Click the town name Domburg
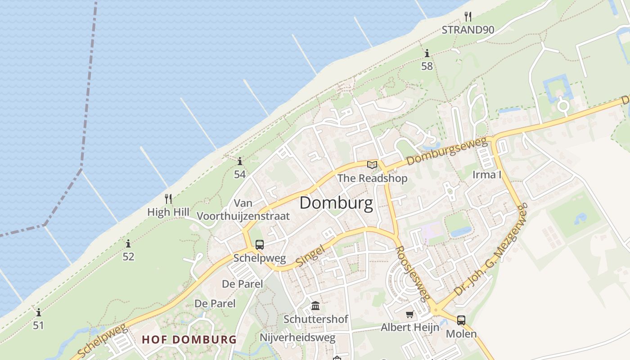[x=336, y=203]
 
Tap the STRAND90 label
[x=468, y=30]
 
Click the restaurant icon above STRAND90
[x=468, y=17]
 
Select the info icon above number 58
[x=427, y=54]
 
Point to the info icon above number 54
[x=240, y=161]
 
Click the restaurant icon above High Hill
[x=168, y=198]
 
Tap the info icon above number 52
[x=128, y=244]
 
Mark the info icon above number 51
[x=38, y=312]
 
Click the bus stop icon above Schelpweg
[x=260, y=245]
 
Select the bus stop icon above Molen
[x=461, y=320]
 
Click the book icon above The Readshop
[x=372, y=165]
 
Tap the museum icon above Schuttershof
[x=315, y=306]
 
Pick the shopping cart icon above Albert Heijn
[x=409, y=314]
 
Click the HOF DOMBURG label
[x=189, y=339]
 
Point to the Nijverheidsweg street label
[x=297, y=337]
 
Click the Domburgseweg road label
[x=447, y=152]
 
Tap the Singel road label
[x=310, y=255]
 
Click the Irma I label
[x=486, y=175]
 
